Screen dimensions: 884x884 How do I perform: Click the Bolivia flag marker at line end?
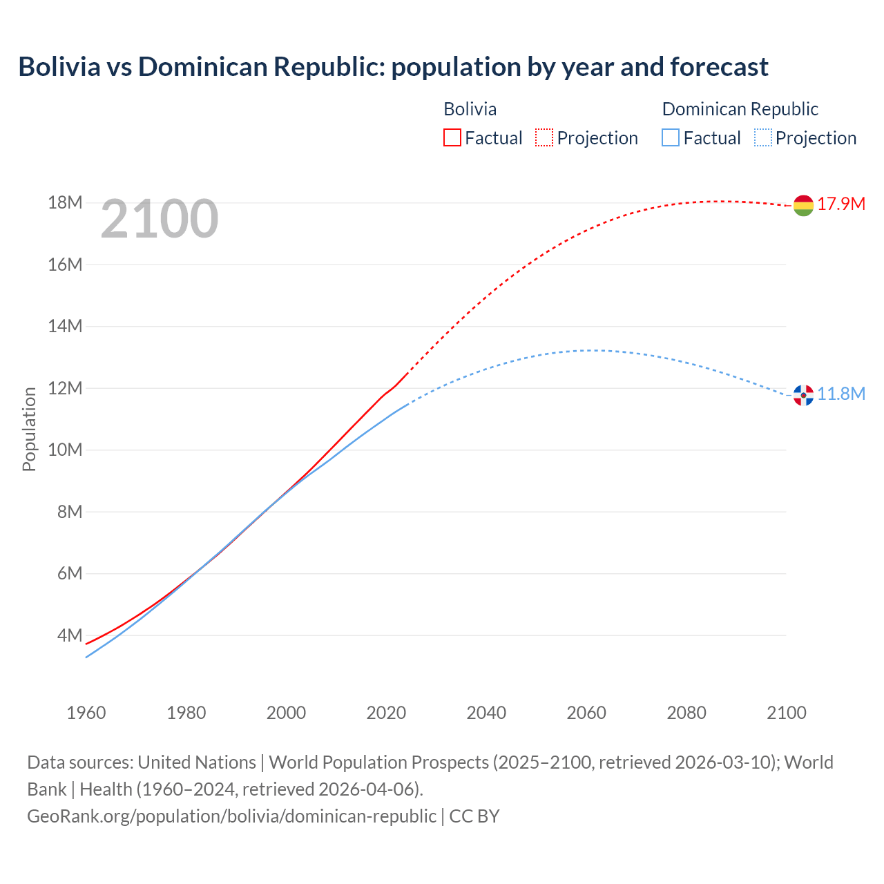pos(803,205)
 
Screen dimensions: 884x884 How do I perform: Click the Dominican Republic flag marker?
pos(803,395)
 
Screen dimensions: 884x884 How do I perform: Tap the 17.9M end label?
pos(841,204)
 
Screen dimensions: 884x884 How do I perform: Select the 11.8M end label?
pos(841,394)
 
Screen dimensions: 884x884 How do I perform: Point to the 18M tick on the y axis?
pos(65,202)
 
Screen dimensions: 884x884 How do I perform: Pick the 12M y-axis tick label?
pos(65,388)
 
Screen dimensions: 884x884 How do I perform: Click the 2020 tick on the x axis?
pos(386,713)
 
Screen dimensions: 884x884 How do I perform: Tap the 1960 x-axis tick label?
pos(86,713)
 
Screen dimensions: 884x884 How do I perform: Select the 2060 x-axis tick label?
pos(586,713)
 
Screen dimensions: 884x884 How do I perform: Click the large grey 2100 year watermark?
pos(160,219)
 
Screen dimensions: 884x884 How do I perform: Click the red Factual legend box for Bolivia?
pos(452,137)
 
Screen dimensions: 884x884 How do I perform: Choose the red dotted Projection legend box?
pos(544,137)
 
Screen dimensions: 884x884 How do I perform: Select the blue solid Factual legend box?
pos(671,137)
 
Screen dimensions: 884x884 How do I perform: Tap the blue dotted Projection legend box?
pos(763,137)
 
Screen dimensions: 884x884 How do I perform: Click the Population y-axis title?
pos(29,429)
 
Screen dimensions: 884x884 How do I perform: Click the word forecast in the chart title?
pos(718,67)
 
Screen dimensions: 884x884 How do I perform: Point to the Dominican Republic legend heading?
pos(740,109)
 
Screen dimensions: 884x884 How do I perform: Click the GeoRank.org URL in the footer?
pos(231,816)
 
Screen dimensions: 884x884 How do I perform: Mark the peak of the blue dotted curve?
pos(591,350)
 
